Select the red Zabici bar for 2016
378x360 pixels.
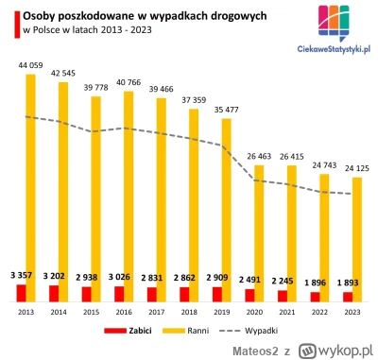119,294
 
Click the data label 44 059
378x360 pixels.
26,64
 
